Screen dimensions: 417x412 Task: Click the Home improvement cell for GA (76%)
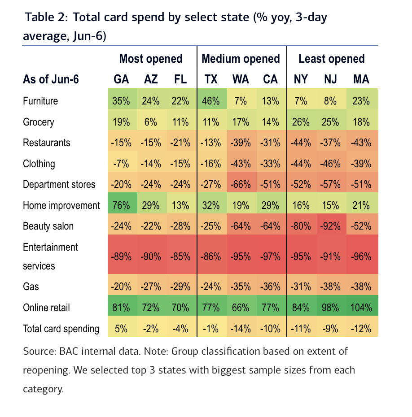coord(121,205)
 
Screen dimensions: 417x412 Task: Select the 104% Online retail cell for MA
coord(361,308)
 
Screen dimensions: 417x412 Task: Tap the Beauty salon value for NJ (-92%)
coord(331,226)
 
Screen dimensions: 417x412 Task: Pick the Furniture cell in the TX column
coord(211,101)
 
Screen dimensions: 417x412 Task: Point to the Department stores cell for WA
coord(241,184)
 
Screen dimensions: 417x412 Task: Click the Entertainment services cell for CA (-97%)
coord(271,257)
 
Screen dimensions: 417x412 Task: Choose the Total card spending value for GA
coord(121,329)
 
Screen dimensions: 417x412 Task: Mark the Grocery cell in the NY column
coord(301,122)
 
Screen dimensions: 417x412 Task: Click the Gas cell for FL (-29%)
coord(180,287)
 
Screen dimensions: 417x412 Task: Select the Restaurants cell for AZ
coord(151,143)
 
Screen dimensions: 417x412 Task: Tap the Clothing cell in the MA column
coord(361,164)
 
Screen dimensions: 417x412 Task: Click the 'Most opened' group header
coord(151,59)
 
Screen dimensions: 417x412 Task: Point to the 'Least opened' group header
coord(331,59)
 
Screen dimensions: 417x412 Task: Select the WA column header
coord(241,79)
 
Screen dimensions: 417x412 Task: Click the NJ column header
coord(331,79)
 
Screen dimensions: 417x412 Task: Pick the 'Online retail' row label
coord(46,308)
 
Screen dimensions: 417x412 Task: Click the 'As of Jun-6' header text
coord(51,79)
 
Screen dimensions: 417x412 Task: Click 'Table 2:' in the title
coord(46,17)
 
